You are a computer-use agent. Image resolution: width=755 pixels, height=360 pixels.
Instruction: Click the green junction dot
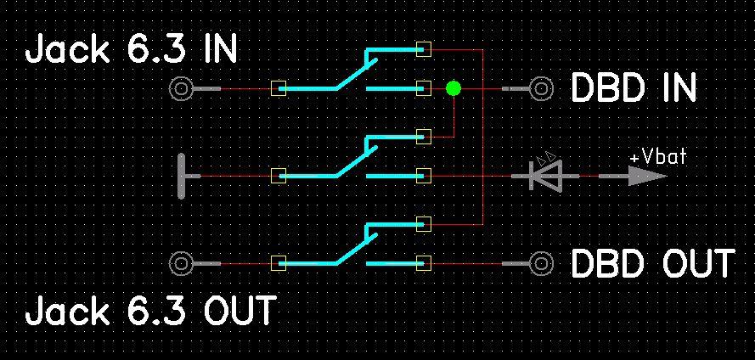pyautogui.click(x=454, y=87)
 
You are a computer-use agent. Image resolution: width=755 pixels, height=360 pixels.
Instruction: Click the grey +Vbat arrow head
pyautogui.click(x=649, y=177)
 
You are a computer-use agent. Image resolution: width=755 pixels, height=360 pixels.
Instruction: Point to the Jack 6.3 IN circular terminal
pyautogui.click(x=180, y=88)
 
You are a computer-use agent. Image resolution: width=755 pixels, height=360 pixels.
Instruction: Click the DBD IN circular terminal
pyautogui.click(x=541, y=88)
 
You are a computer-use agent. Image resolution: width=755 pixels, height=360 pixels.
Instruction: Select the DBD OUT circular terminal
pyautogui.click(x=541, y=264)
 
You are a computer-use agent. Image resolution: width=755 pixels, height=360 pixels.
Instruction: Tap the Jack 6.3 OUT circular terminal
pyautogui.click(x=180, y=264)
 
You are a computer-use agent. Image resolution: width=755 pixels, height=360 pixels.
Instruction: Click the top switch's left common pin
pyautogui.click(x=277, y=88)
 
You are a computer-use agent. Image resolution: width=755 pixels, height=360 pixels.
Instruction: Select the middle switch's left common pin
pyautogui.click(x=277, y=176)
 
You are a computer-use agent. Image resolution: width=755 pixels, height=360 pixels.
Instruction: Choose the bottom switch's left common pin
pyautogui.click(x=277, y=264)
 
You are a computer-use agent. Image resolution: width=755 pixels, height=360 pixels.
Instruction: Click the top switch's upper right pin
pyautogui.click(x=425, y=49)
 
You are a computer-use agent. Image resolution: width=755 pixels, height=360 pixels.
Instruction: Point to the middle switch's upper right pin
pyautogui.click(x=425, y=136)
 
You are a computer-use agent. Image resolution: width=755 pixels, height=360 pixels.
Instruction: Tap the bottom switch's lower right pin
pyautogui.click(x=425, y=264)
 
